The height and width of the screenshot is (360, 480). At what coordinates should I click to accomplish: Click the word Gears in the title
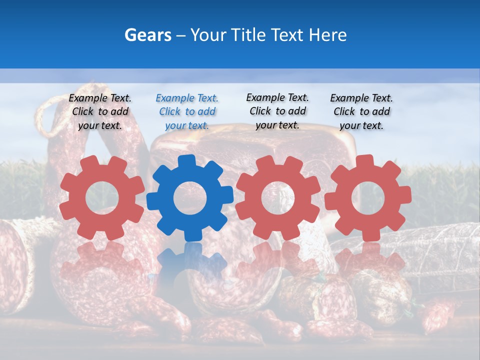coord(147,35)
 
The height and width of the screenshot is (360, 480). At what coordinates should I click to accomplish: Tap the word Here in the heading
coord(327,35)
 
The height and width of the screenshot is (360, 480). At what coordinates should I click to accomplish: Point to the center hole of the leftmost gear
coord(102,198)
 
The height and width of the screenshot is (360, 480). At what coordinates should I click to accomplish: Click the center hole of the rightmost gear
coord(367,198)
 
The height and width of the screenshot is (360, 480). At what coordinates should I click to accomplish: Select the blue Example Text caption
coord(186,112)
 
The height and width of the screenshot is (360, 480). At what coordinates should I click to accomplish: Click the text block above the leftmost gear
coord(100,112)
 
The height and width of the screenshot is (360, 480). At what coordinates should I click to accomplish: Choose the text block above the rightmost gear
coord(361,112)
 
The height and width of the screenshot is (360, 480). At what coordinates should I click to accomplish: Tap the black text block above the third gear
coord(277,111)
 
